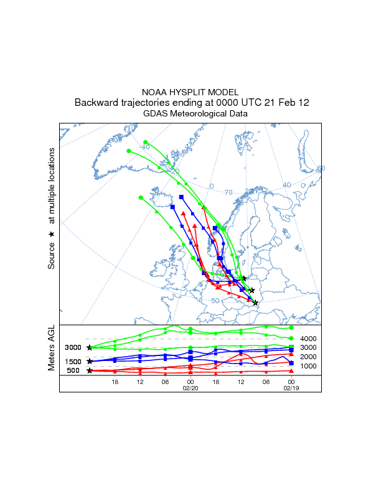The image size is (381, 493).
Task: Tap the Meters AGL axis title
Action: pos(52,350)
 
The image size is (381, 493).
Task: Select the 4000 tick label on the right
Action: pos(309,338)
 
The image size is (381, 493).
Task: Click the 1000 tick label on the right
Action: pos(309,366)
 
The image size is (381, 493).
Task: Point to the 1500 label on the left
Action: pos(73,362)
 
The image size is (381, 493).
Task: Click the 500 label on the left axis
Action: pos(73,371)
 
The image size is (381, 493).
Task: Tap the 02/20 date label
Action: pos(190,387)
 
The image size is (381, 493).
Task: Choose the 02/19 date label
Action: pos(291,387)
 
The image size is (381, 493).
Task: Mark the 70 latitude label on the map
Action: pos(228,192)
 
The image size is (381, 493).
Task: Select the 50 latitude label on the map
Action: pos(215,301)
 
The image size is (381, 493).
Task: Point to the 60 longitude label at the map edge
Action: pos(321,169)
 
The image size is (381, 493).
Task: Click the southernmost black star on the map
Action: pos(255,303)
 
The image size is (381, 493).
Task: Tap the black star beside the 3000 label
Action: pos(90,347)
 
